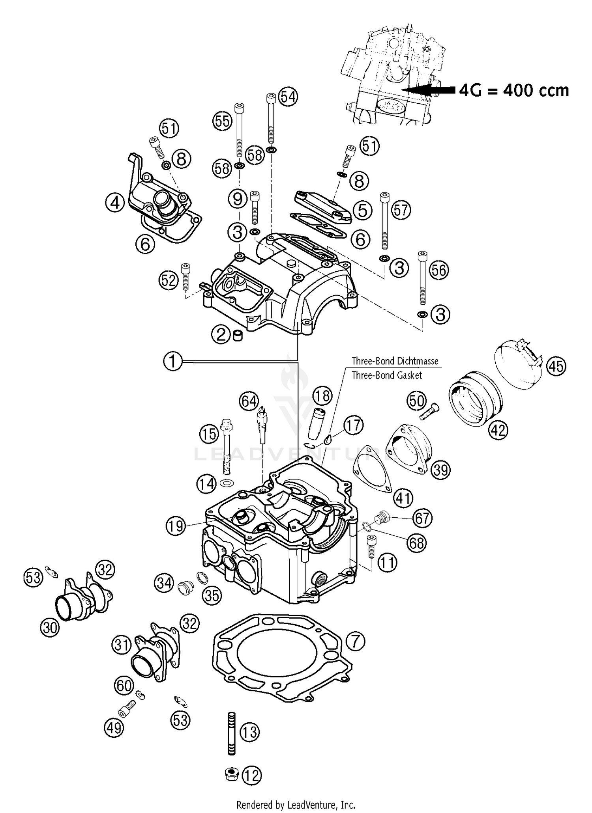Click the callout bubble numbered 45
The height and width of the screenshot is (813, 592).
pos(556,366)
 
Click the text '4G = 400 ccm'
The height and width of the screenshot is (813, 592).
pos(514,90)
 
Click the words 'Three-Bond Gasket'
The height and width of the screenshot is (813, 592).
pos(387,375)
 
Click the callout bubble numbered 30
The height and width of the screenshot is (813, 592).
pos(50,628)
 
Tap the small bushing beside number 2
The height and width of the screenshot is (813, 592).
pos(238,336)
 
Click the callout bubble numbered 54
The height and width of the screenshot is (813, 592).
pos(288,97)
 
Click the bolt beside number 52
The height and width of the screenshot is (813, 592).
pos(185,277)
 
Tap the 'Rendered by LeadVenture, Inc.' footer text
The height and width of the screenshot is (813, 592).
pos(296,804)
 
